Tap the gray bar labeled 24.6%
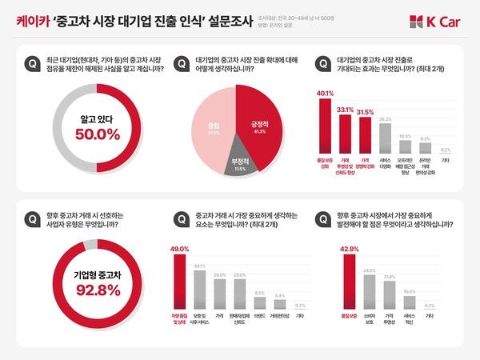click(x=369, y=294)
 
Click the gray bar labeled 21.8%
click(x=389, y=297)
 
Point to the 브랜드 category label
click(x=259, y=316)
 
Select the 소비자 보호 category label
click(x=369, y=319)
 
